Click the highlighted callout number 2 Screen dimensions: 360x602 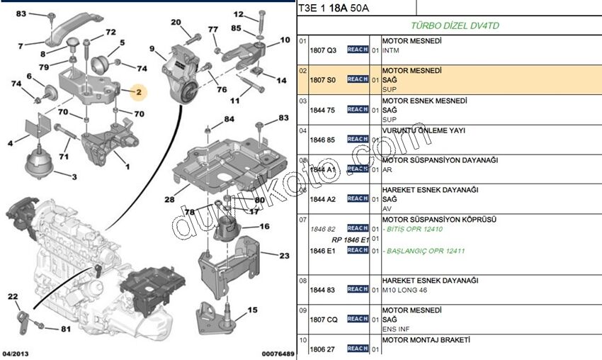point(139,91)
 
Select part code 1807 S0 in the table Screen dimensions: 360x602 point(323,80)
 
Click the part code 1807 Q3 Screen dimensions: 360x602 point(323,50)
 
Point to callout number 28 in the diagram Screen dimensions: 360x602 point(170,200)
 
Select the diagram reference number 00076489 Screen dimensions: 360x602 point(278,353)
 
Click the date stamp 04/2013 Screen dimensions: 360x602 point(16,353)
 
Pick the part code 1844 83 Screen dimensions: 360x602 point(323,289)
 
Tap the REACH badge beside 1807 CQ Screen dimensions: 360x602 point(358,319)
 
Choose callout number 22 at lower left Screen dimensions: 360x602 point(13,296)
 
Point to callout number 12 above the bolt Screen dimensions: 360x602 point(238,13)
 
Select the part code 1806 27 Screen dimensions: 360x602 point(323,349)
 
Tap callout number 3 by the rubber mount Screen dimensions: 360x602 point(74,175)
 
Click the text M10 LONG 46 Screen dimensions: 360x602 point(405,289)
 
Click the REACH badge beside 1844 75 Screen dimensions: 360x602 point(358,110)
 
